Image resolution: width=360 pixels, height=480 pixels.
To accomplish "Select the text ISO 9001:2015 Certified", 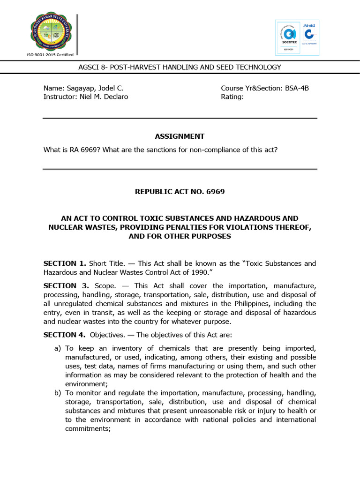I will (x=50, y=55).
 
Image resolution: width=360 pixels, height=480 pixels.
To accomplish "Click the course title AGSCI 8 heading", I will (x=180, y=67).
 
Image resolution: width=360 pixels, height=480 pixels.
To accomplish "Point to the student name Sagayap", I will (x=91, y=88).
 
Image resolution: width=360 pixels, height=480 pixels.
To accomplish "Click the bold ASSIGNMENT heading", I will (x=180, y=136).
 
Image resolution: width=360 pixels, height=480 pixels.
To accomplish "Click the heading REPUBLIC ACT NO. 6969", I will (x=180, y=192).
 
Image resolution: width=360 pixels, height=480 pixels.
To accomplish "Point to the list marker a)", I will (x=58, y=348).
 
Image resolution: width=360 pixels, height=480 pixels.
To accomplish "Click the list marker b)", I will (x=58, y=393).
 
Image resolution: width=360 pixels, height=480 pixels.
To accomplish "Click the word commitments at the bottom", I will (x=86, y=428).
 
